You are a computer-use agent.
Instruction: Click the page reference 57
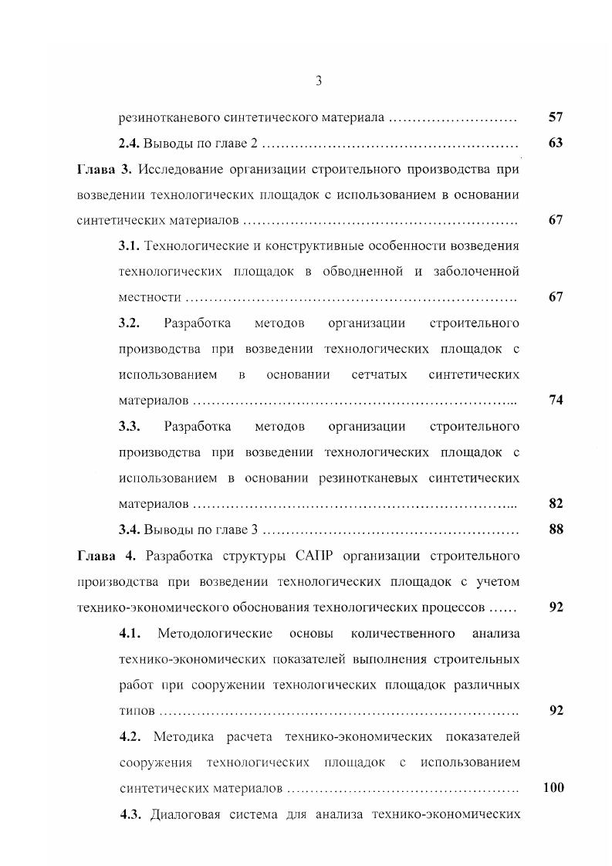tap(556, 117)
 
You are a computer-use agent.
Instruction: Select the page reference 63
tap(556, 143)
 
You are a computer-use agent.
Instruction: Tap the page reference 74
tap(556, 400)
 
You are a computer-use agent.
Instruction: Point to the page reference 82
tap(556, 503)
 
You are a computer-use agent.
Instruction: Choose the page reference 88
tap(556, 529)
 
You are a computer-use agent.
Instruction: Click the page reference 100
tap(553, 787)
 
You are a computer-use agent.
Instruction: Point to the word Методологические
tap(215, 634)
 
